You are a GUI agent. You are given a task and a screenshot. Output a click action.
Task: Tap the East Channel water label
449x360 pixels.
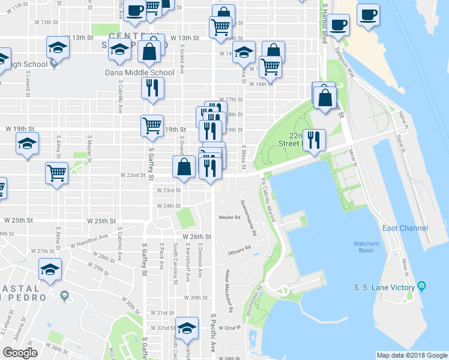pos(405,228)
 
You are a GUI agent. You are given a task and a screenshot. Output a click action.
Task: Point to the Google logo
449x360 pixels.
pos(20,353)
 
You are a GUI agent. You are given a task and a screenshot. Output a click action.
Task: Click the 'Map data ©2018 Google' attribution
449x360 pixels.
pos(412,355)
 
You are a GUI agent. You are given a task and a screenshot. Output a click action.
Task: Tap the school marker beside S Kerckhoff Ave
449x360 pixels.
pos(187,328)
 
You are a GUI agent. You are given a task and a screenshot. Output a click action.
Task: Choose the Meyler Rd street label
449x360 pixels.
pos(229,217)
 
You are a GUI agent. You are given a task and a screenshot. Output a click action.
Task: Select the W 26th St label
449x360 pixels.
pos(198,237)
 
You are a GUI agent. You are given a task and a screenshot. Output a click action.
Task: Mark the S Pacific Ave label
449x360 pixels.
pos(212,326)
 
